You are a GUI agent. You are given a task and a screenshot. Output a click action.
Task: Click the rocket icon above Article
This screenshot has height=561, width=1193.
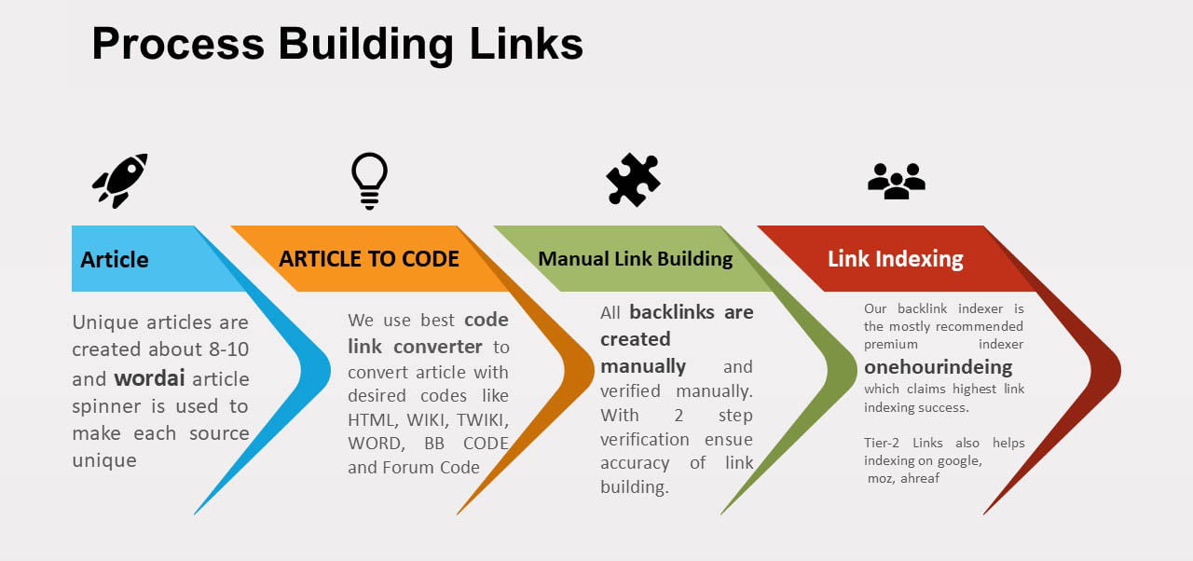pos(119,180)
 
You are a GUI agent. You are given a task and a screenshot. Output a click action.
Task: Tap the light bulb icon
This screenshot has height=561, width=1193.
pos(369,180)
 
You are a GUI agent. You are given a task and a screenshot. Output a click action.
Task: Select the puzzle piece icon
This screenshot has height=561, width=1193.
pos(633,179)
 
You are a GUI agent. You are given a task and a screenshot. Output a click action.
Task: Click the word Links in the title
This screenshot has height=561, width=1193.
pos(527,44)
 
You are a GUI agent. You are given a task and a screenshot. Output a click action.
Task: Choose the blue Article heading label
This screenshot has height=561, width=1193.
pos(115,259)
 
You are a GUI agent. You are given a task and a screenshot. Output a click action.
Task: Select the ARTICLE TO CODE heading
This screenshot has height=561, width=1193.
pos(369,259)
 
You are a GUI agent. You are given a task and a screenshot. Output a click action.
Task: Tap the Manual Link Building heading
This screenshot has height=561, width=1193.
pos(636,259)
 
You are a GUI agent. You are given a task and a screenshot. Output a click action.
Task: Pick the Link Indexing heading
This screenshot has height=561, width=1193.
pos(896,259)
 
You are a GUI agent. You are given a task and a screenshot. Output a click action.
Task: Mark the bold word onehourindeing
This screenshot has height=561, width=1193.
pos(938,367)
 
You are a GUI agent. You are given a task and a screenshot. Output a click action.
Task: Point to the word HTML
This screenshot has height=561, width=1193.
pos(370,418)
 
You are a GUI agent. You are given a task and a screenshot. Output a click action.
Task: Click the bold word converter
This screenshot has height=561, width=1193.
pos(437,347)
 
